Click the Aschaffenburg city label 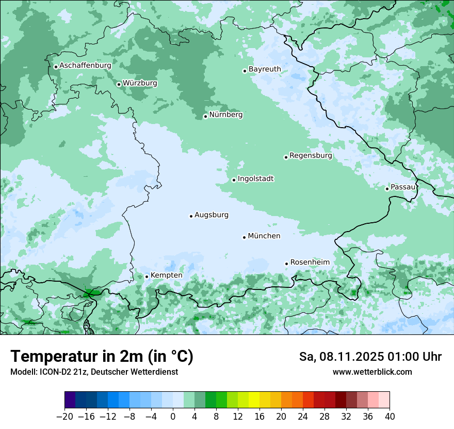85,66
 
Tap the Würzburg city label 140,83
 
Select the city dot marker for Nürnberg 205,116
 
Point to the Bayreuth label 265,69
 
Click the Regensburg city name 311,156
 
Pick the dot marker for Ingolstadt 234,180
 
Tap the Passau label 403,187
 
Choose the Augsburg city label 212,215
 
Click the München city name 264,236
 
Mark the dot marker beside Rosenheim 286,264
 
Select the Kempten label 166,275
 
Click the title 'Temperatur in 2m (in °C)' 102,357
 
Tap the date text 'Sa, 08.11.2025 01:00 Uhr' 370,357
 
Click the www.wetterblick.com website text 372,372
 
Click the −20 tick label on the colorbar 64,417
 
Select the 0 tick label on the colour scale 173,417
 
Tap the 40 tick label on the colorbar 390,417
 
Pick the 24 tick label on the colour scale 303,417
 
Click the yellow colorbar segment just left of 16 253,400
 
